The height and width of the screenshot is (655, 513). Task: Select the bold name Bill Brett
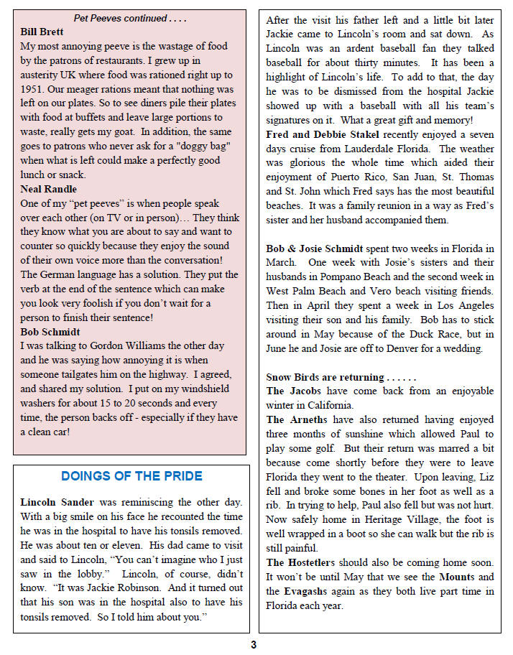(42, 32)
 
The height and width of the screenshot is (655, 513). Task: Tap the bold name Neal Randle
(47, 189)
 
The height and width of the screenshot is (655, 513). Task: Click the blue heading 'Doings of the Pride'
(131, 476)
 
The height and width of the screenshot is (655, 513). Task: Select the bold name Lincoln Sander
(55, 501)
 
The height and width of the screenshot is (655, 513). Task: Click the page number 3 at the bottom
(253, 644)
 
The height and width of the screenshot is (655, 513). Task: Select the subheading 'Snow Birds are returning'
(326, 377)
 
